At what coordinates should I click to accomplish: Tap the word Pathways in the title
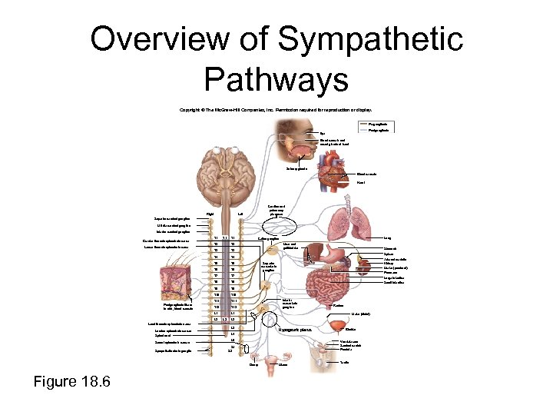(276, 78)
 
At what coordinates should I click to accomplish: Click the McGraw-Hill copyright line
(276, 110)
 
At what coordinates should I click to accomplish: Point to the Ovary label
(253, 365)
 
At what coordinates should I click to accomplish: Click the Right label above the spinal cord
(210, 213)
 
